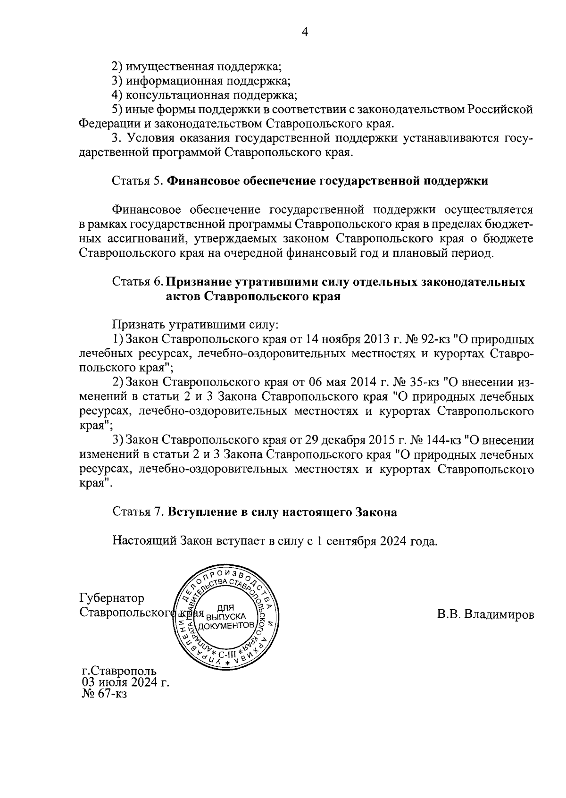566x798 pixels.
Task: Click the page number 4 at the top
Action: pos(305,32)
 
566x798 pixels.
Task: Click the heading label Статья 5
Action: pos(137,181)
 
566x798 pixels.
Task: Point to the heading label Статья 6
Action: pos(137,282)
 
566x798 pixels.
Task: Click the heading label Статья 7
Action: pos(137,512)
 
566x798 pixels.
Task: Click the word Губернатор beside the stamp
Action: pos(112,598)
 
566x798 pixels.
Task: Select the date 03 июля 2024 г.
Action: pos(125,682)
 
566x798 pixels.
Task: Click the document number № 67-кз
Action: pos(104,694)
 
